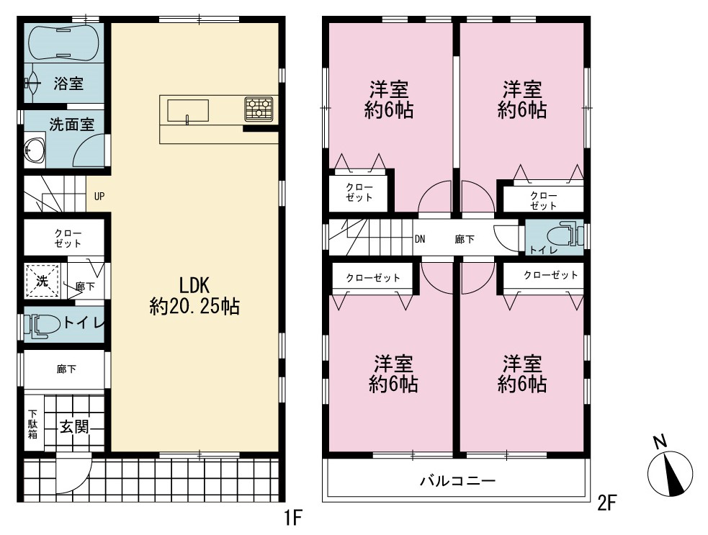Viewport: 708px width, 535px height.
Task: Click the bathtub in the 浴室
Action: [63, 43]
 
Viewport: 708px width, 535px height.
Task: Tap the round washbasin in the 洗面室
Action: [35, 149]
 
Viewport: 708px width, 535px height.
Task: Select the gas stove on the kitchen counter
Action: [259, 109]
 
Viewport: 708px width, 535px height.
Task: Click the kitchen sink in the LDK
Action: [188, 111]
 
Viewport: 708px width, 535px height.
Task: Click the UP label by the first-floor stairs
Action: [99, 197]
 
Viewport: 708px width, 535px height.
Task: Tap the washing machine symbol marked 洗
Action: [42, 281]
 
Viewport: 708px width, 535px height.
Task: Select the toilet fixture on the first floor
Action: [42, 325]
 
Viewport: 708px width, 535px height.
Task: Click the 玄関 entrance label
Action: [74, 426]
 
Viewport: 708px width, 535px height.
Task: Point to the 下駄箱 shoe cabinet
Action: [33, 423]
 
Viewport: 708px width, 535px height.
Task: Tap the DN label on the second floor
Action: [419, 239]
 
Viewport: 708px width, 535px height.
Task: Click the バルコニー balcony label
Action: [458, 480]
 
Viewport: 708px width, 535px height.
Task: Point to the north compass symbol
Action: [670, 469]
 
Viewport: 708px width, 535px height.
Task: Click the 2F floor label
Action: [607, 503]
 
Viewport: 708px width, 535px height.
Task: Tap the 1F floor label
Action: [292, 517]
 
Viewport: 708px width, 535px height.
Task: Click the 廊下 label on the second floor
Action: [465, 239]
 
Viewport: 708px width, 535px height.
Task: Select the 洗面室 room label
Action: [72, 125]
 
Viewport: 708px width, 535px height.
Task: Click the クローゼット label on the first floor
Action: [68, 238]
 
